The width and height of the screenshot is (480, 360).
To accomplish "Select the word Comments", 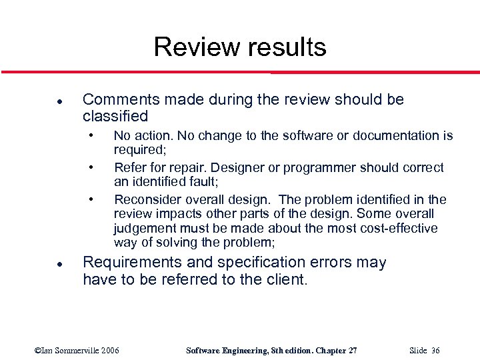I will tap(121, 100).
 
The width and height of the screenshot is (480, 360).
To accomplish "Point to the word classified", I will tap(115, 116).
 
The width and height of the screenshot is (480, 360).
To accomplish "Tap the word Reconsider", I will tap(147, 199).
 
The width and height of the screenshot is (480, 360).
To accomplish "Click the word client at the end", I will tap(285, 279).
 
